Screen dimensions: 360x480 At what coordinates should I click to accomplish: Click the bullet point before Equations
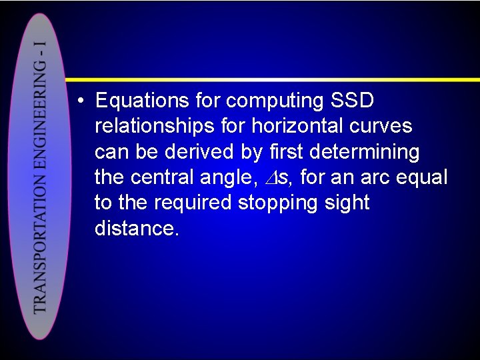79,102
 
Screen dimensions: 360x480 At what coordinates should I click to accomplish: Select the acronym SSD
353,101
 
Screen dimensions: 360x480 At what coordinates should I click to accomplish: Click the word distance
137,229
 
